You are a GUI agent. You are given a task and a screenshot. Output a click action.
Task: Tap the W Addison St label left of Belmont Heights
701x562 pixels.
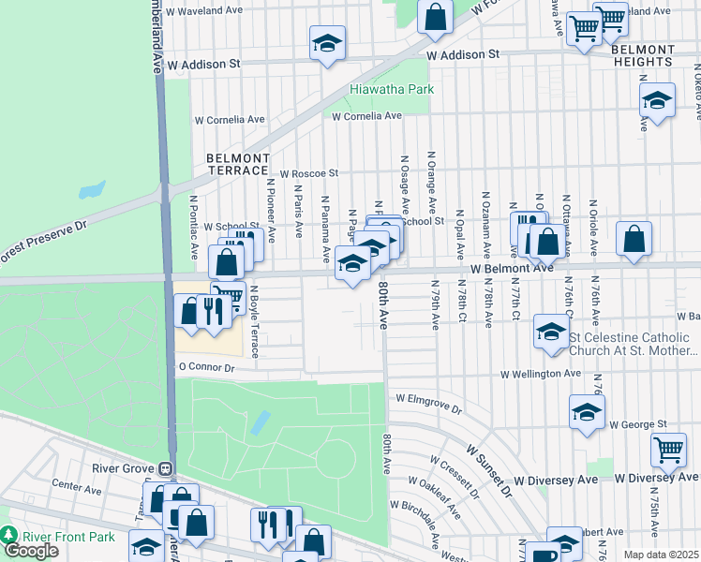462,55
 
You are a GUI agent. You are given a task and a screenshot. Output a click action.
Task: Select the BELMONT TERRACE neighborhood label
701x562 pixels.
238,165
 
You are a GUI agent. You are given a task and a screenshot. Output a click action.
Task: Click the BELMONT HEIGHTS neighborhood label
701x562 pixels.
643,55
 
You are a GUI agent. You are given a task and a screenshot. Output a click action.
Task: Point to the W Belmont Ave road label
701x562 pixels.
512,269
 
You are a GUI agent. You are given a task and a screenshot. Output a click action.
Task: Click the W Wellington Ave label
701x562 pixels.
540,374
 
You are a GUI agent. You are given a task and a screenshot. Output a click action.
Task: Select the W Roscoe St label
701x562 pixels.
308,173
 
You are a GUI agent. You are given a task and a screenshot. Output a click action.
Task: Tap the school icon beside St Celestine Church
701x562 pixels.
550,331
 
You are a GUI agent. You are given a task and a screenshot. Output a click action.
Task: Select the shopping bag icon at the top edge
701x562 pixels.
436,17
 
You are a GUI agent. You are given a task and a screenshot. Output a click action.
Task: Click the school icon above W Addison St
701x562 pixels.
327,43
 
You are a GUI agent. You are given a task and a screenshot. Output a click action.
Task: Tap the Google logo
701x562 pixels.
31,551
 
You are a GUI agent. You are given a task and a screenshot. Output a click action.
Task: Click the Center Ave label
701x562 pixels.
77,488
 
